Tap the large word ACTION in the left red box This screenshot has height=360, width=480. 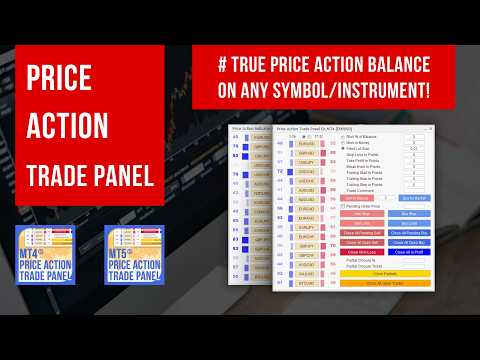click(x=68, y=125)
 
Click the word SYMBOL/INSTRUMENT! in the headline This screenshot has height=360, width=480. click(x=345, y=92)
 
